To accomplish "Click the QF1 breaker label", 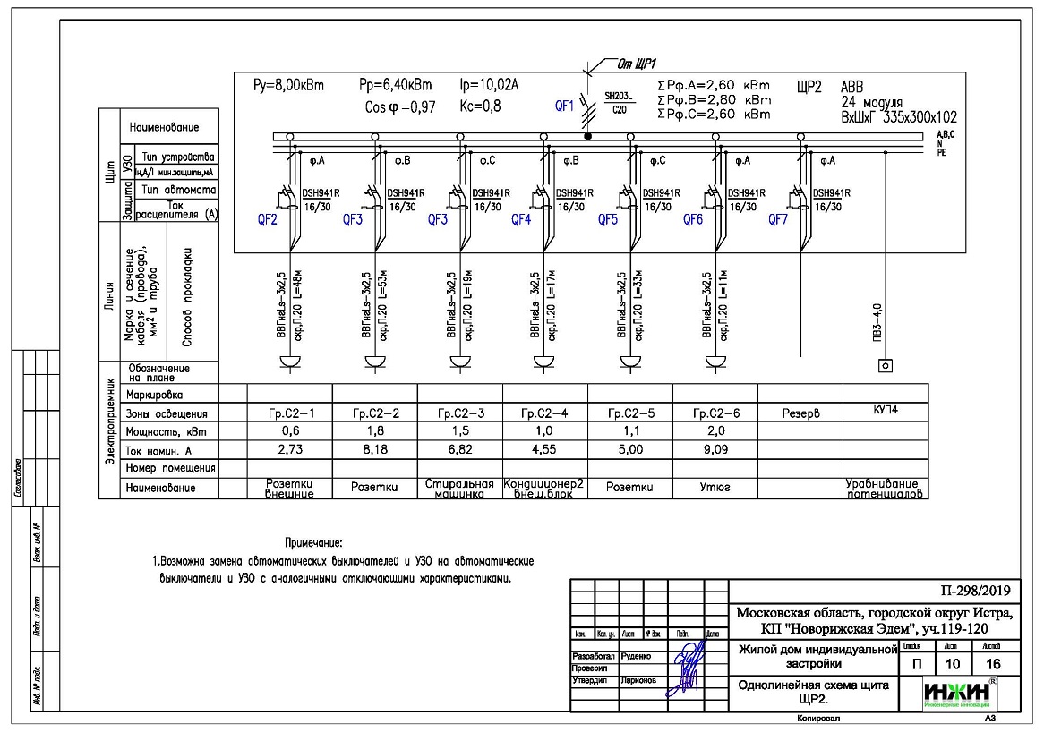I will point(564,106).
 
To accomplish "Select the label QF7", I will point(778,218).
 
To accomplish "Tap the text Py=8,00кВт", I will point(289,86).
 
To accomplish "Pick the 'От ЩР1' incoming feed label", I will point(638,64).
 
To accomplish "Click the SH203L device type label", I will point(619,96).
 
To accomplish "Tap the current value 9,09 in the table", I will point(715,449).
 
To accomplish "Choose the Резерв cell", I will point(800,414).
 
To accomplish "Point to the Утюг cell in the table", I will point(715,489).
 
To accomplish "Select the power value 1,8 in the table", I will point(375,432).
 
